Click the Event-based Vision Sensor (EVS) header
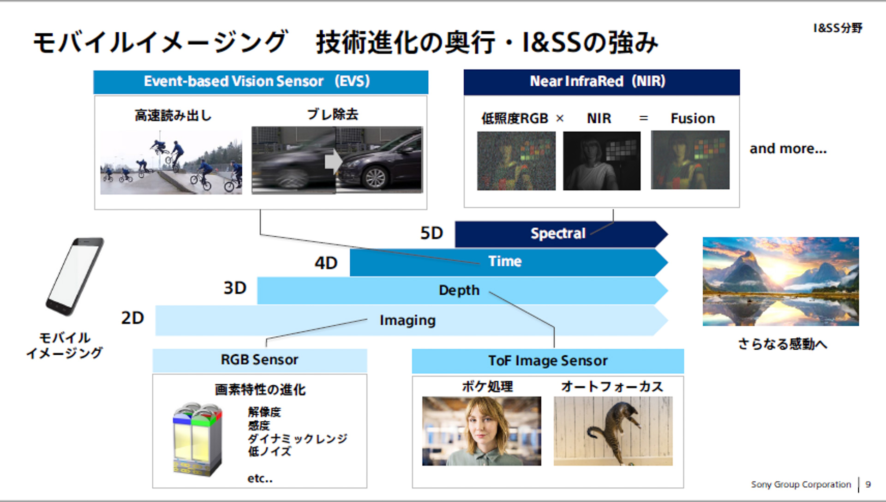261,82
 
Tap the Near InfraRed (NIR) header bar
601,82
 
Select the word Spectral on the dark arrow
557,233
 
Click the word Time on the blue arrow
505,262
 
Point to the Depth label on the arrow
459,290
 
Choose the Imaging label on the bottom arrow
407,320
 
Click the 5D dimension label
431,233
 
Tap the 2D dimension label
132,318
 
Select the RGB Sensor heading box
259,360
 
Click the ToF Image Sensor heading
548,361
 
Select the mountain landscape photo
780,281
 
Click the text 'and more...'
788,149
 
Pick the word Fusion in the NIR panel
692,119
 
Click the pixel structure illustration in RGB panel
198,439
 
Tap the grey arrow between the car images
333,161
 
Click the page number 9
868,484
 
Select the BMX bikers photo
171,162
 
